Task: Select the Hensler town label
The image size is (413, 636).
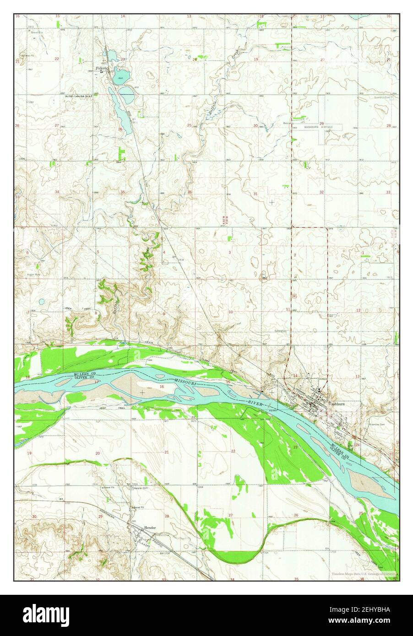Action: [x=150, y=527]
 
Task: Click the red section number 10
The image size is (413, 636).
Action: [x=231, y=312]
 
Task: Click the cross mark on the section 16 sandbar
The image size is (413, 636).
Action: [x=143, y=392]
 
